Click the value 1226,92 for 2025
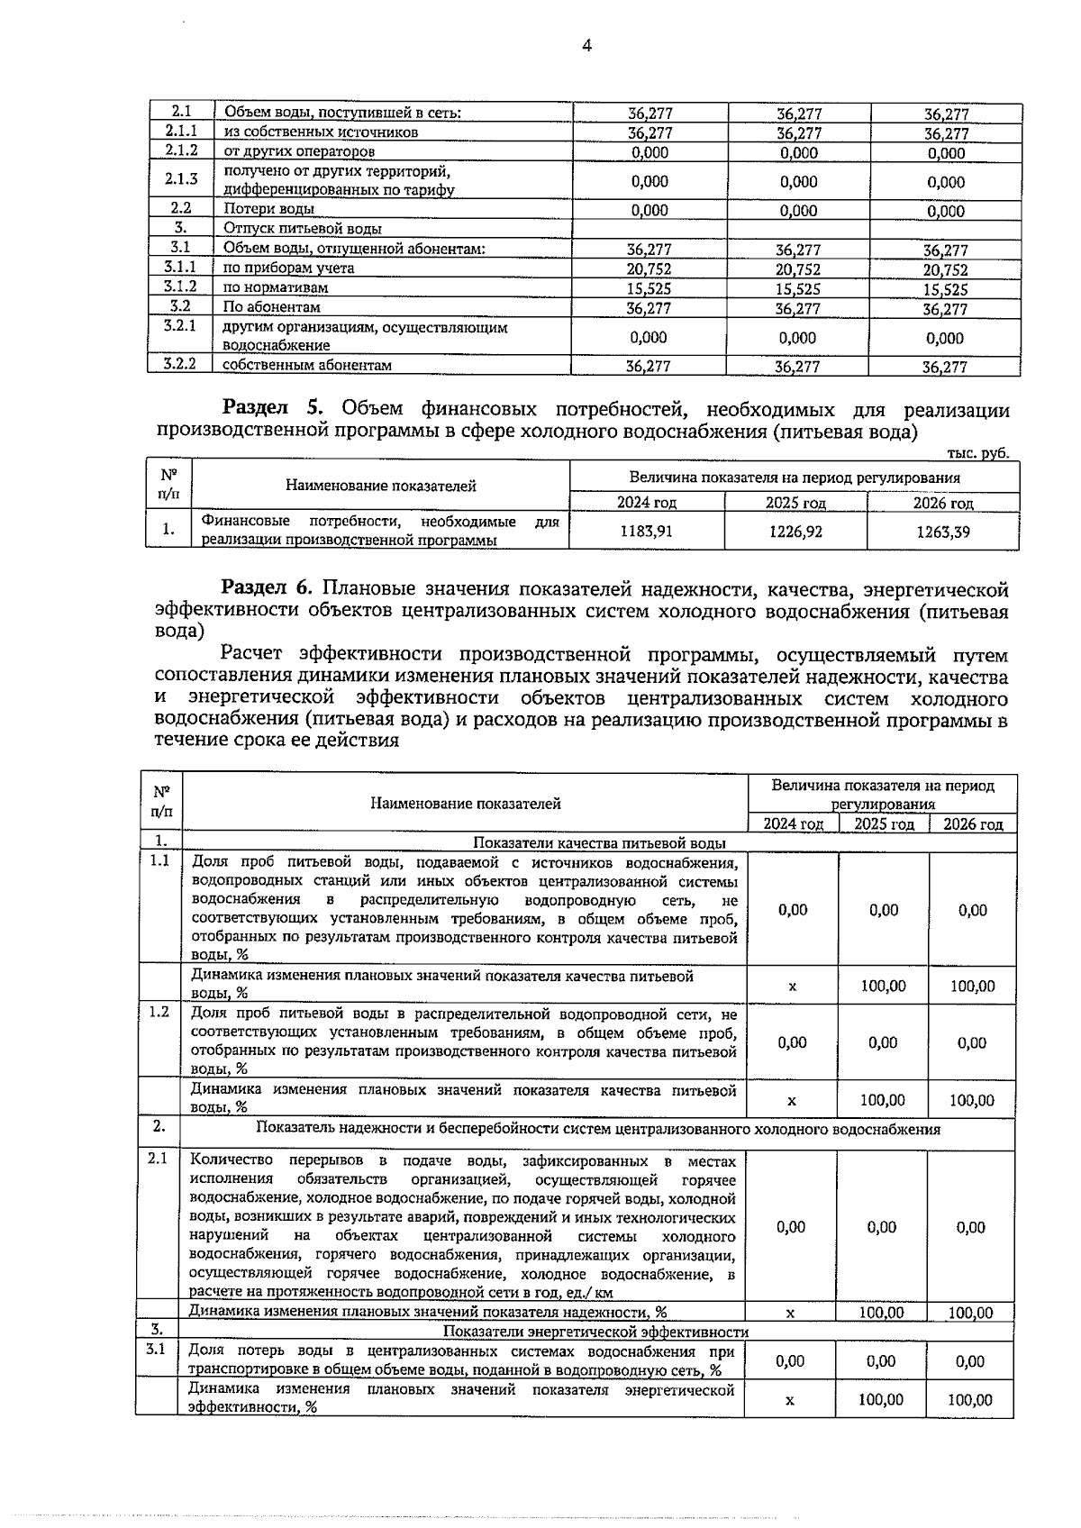pyautogui.click(x=795, y=532)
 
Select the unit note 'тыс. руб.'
pyautogui.click(x=978, y=453)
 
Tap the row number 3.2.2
pyautogui.click(x=180, y=364)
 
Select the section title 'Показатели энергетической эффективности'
pyautogui.click(x=595, y=1332)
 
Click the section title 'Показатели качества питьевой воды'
pyautogui.click(x=599, y=842)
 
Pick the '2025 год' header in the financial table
pyautogui.click(x=795, y=503)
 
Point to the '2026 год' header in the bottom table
pyautogui.click(x=973, y=823)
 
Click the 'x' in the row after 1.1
pyautogui.click(x=793, y=987)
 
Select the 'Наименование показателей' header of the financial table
pyautogui.click(x=380, y=487)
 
